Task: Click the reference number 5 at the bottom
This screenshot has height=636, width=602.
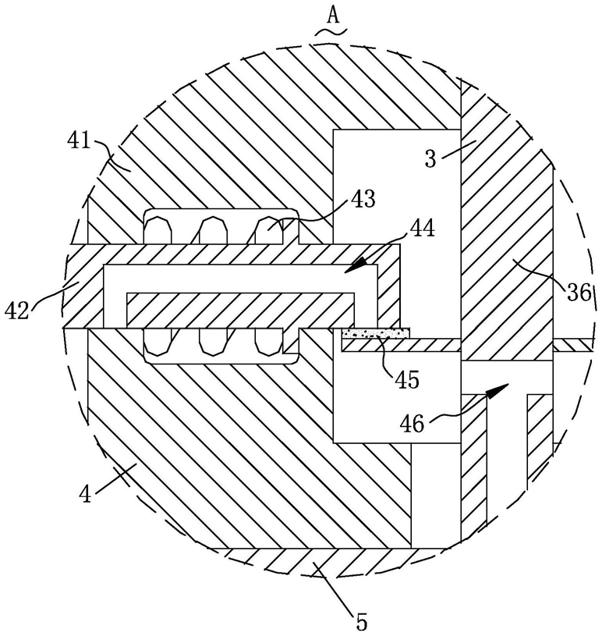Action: tap(360, 621)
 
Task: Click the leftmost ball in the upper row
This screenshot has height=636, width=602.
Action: tap(159, 230)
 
